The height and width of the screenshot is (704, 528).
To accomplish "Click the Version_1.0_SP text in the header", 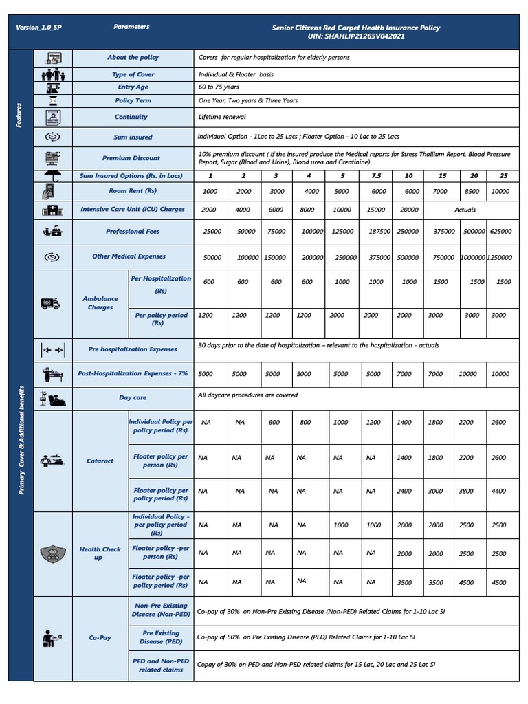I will [43, 27].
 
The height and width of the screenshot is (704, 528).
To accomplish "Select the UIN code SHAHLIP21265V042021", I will [355, 36].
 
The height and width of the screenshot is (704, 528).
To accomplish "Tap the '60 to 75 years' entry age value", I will [219, 87].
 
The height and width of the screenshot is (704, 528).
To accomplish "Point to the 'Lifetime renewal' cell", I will [222, 117].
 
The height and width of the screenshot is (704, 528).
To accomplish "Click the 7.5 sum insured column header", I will [376, 176].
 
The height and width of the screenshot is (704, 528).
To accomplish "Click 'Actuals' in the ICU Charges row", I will [465, 210].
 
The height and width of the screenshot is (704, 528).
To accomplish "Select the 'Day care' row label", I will [133, 397].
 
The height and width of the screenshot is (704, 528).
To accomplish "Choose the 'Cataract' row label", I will [100, 461].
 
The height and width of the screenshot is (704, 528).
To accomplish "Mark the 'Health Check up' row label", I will [100, 553].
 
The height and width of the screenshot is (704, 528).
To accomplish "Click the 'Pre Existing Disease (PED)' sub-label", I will [161, 637].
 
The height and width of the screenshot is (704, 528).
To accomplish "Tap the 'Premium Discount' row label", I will [131, 158].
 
